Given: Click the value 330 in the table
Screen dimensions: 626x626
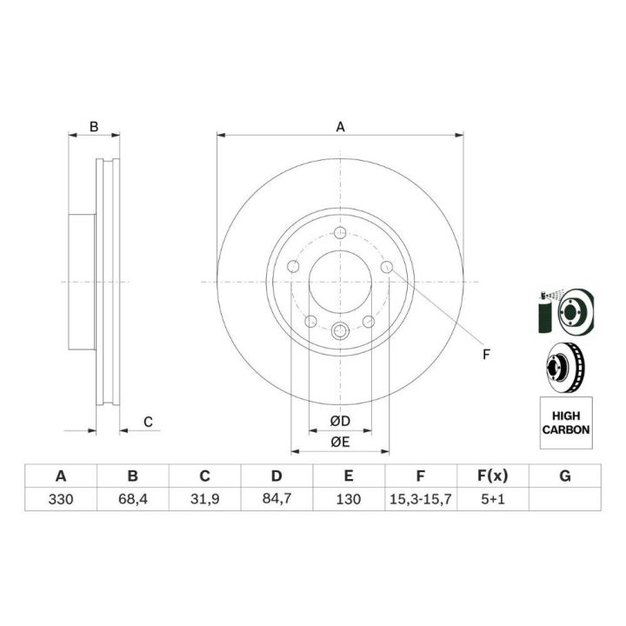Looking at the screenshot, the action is [61, 499].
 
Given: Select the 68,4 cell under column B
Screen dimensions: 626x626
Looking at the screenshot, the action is [132, 499].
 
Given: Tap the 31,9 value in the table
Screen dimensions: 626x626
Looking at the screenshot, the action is [204, 499].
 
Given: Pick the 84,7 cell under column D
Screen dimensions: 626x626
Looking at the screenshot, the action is [276, 499].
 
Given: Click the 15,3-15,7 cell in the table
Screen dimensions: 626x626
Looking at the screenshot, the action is [421, 499].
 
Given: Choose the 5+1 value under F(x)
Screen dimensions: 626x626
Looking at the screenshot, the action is [493, 499].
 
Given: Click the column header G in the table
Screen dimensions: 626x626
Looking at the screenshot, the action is [565, 476].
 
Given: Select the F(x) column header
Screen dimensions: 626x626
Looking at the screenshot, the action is [493, 476].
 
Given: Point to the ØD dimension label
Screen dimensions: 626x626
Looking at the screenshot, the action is [340, 421].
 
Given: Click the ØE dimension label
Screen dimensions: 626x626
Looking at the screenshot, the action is [340, 442].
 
